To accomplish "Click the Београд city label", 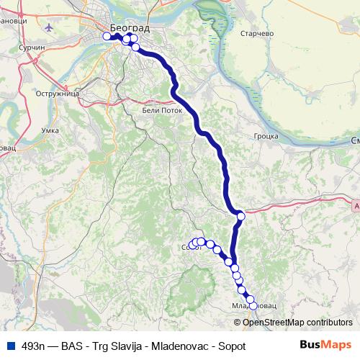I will coord(131,28).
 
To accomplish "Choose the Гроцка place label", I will coord(266,135).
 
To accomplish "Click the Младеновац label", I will coord(254,307).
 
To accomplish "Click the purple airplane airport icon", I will coord(48,29).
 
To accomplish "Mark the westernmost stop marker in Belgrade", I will coord(107,36).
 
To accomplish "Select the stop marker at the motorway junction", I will coord(240,216).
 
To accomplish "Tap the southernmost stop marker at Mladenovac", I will coord(252,306).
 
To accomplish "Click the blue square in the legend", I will coord(9,346).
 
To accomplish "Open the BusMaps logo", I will coord(325,345).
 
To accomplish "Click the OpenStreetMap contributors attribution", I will coord(297,322).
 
